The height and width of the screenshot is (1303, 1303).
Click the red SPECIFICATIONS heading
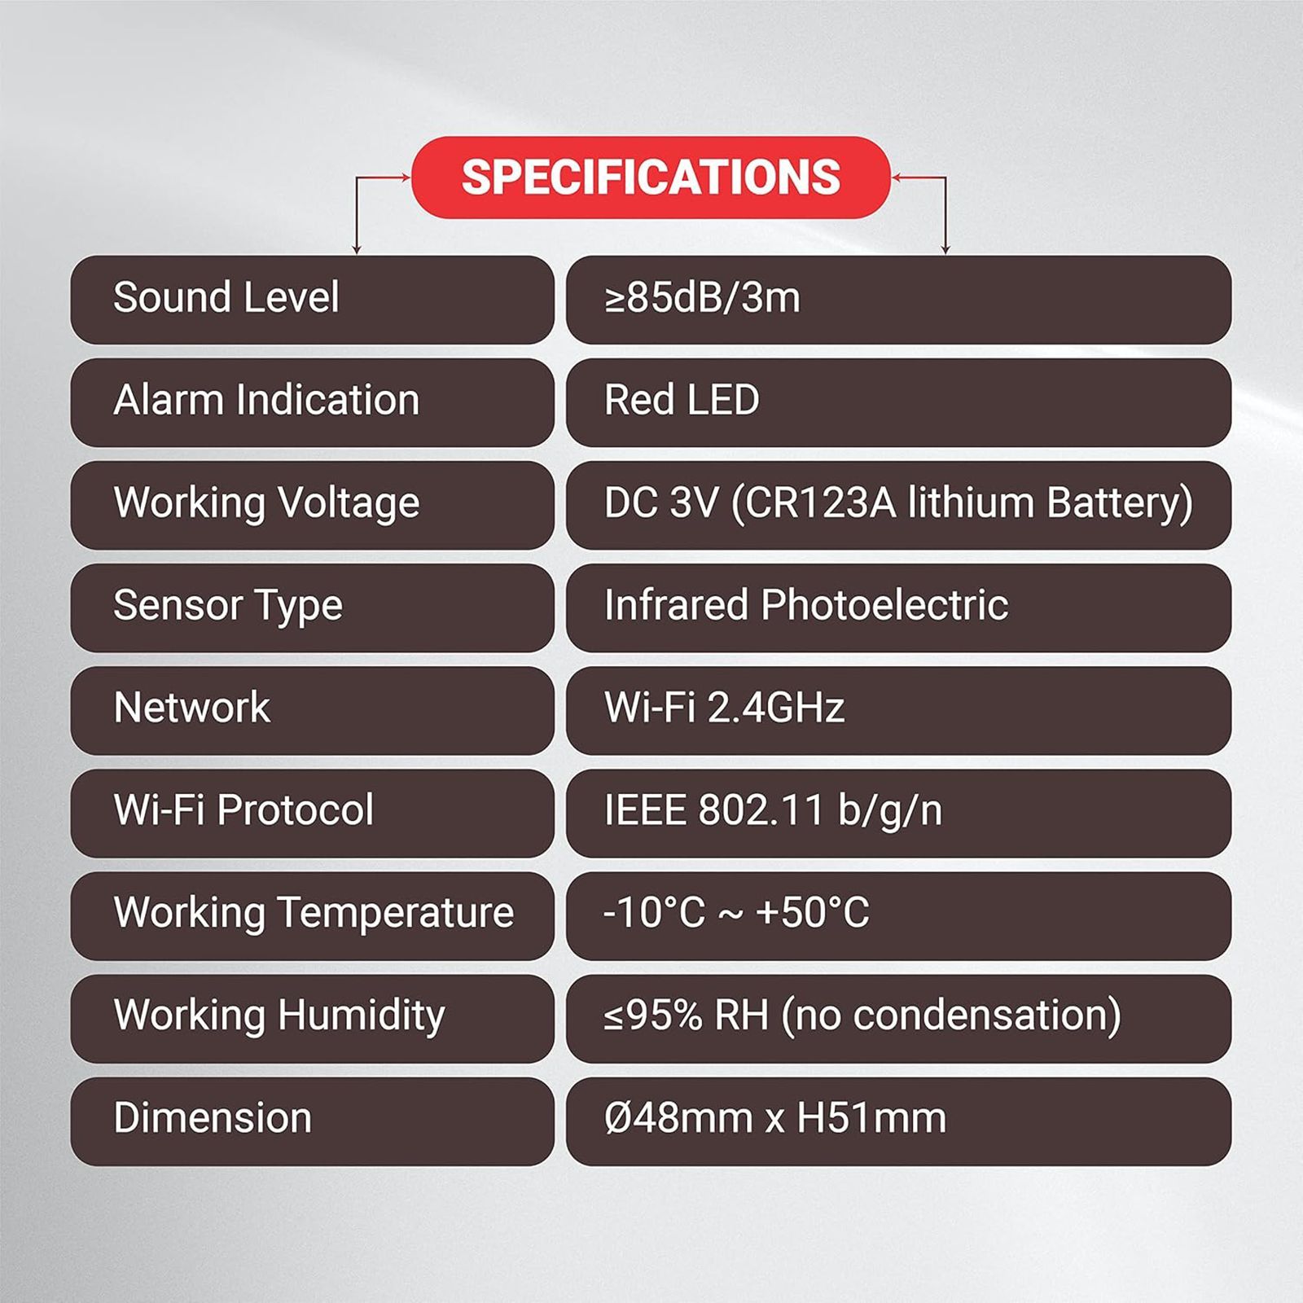pyautogui.click(x=651, y=177)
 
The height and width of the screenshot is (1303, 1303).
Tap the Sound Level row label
pyautogui.click(x=226, y=296)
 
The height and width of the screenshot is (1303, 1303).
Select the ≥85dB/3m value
pyautogui.click(x=702, y=297)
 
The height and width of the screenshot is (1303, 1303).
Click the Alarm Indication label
pyautogui.click(x=266, y=400)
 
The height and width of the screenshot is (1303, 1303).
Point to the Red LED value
pyautogui.click(x=682, y=400)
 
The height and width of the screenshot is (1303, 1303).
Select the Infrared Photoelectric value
pyautogui.click(x=806, y=605)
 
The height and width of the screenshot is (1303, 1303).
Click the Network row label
pyautogui.click(x=192, y=707)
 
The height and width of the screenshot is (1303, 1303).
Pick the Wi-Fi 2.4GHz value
pyautogui.click(x=724, y=707)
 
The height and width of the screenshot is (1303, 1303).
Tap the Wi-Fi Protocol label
pyautogui.click(x=243, y=809)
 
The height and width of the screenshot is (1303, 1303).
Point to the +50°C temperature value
pyautogui.click(x=812, y=912)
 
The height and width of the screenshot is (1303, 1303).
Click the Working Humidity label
pyautogui.click(x=279, y=1016)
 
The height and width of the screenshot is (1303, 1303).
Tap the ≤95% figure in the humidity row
pyautogui.click(x=653, y=1015)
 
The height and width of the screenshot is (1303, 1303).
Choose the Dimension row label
pyautogui.click(x=213, y=1117)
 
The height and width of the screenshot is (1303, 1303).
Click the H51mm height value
pyautogui.click(x=871, y=1117)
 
